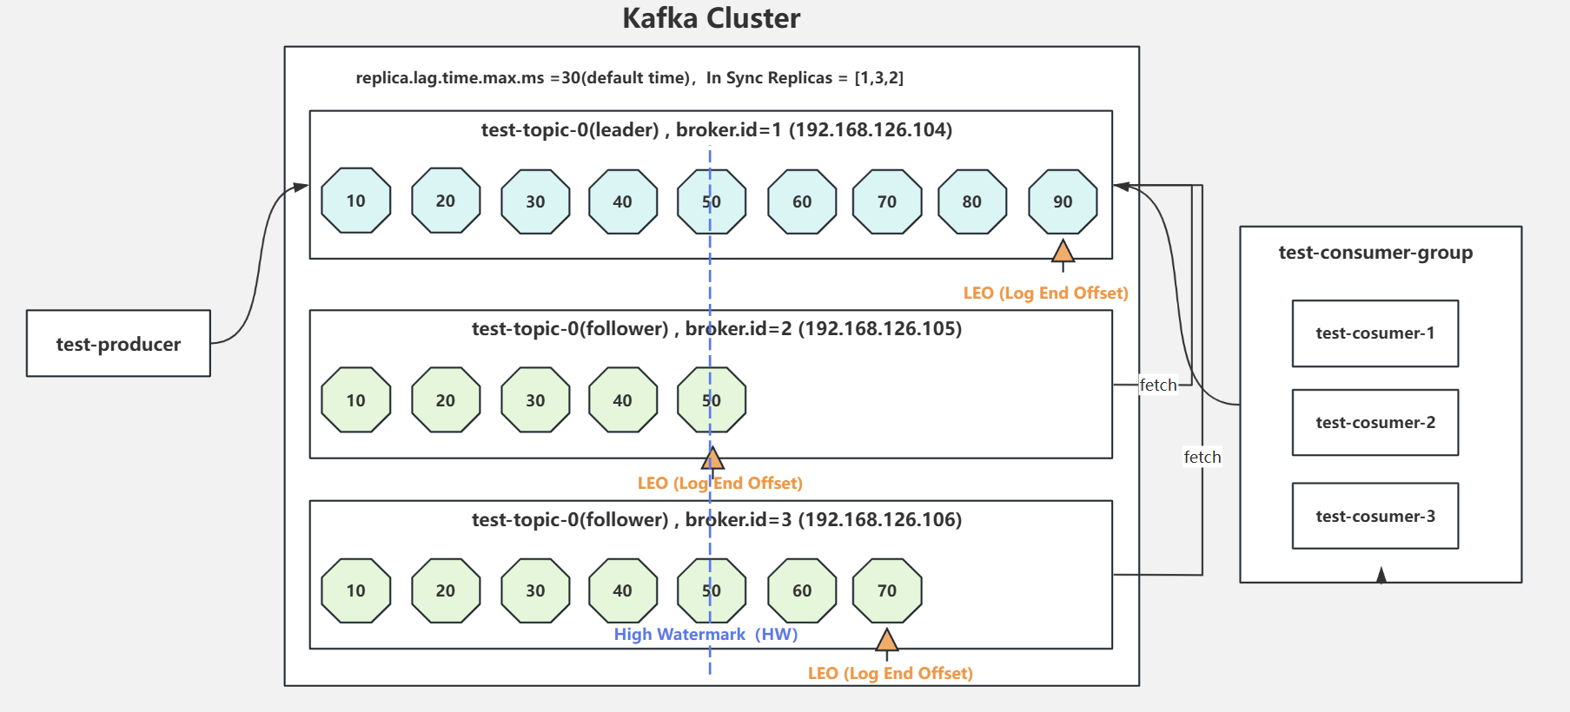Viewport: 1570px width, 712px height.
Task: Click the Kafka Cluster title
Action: click(x=711, y=18)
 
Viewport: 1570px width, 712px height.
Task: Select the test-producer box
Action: click(x=118, y=344)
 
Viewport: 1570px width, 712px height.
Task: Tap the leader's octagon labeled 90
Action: click(x=1062, y=201)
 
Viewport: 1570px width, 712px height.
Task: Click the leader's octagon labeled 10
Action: click(x=355, y=201)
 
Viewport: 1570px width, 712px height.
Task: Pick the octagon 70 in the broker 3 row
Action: click(x=886, y=590)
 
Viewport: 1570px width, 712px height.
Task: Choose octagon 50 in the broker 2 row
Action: click(x=711, y=400)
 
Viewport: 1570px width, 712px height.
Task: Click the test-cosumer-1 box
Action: click(x=1375, y=333)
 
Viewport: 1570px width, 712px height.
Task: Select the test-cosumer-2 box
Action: click(x=1375, y=423)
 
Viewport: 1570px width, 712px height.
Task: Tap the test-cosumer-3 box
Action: click(x=1375, y=516)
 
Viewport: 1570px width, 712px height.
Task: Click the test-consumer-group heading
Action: click(x=1375, y=253)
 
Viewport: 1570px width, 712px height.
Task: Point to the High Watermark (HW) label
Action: click(x=706, y=635)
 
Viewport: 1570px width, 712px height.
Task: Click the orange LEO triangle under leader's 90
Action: click(x=1062, y=253)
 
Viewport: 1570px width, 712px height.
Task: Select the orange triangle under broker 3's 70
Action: click(x=886, y=642)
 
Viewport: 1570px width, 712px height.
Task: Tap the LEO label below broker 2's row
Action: click(x=719, y=484)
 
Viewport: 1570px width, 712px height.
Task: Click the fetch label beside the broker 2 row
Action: click(x=1157, y=385)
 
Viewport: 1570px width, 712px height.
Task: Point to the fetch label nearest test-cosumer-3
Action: click(x=1202, y=457)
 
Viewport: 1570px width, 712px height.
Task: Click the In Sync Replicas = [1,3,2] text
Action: click(x=805, y=78)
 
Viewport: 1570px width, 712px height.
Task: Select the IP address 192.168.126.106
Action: click(x=880, y=519)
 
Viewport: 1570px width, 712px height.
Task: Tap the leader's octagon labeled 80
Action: click(x=971, y=201)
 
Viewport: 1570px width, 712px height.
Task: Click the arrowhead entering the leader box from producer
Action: click(x=301, y=187)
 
